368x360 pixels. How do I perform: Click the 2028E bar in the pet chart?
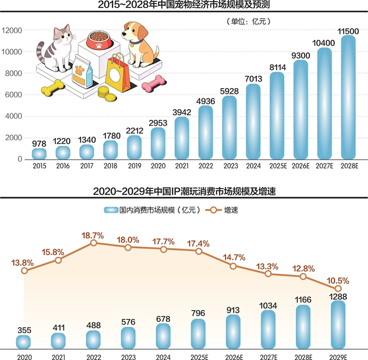tap(348, 99)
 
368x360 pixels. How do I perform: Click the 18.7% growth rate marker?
tap(93, 243)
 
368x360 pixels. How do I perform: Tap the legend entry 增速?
tap(228, 210)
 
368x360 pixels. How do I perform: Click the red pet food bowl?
tap(99, 38)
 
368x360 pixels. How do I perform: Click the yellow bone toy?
tap(53, 87)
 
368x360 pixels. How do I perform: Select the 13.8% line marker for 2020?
tap(23, 271)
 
